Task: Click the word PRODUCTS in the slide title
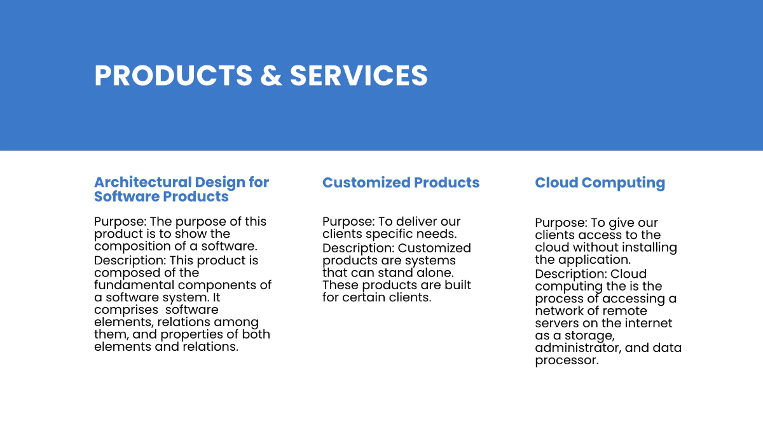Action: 174,75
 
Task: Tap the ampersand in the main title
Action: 271,75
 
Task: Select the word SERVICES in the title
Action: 359,75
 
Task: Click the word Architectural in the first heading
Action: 143,182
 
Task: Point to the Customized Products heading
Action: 401,182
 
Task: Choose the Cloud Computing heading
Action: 600,183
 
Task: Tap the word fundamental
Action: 134,285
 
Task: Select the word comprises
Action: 126,310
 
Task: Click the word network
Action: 557,311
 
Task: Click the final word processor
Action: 567,361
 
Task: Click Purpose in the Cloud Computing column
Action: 561,223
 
